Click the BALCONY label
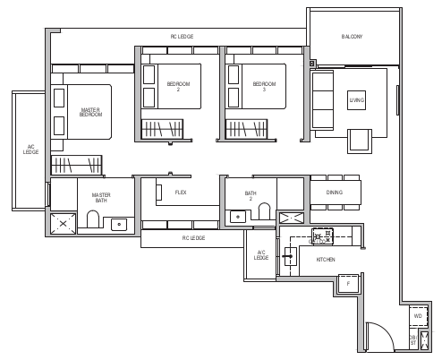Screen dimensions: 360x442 click(x=353, y=37)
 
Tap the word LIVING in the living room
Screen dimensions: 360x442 click(x=357, y=100)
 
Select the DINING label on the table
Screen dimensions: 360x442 click(x=335, y=193)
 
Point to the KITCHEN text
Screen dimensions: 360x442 click(x=327, y=260)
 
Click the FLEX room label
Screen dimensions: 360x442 click(x=181, y=193)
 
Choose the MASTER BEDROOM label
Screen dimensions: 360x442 click(x=90, y=112)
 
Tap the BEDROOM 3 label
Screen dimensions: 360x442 click(x=259, y=88)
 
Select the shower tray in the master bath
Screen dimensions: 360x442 click(x=63, y=223)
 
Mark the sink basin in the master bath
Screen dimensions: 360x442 click(x=118, y=225)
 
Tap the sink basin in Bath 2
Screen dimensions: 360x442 click(x=236, y=216)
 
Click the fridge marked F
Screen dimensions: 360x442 click(x=348, y=283)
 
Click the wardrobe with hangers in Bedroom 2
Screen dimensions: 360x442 click(x=163, y=128)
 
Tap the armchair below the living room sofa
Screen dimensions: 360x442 click(x=359, y=140)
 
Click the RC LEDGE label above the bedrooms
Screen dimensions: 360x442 click(x=182, y=37)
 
